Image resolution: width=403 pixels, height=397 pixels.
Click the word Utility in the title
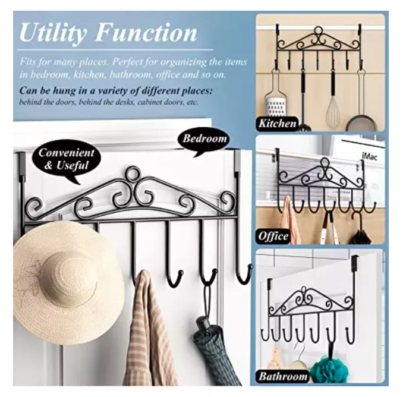(53, 33)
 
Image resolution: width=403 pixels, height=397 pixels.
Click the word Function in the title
(146, 32)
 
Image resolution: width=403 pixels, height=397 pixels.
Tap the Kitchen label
(278, 124)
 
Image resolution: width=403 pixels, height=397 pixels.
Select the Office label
(273, 236)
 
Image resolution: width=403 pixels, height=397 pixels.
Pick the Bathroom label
(283, 376)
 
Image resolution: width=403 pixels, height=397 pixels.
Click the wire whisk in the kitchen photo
(333, 111)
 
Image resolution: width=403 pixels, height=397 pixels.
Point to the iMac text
(369, 156)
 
